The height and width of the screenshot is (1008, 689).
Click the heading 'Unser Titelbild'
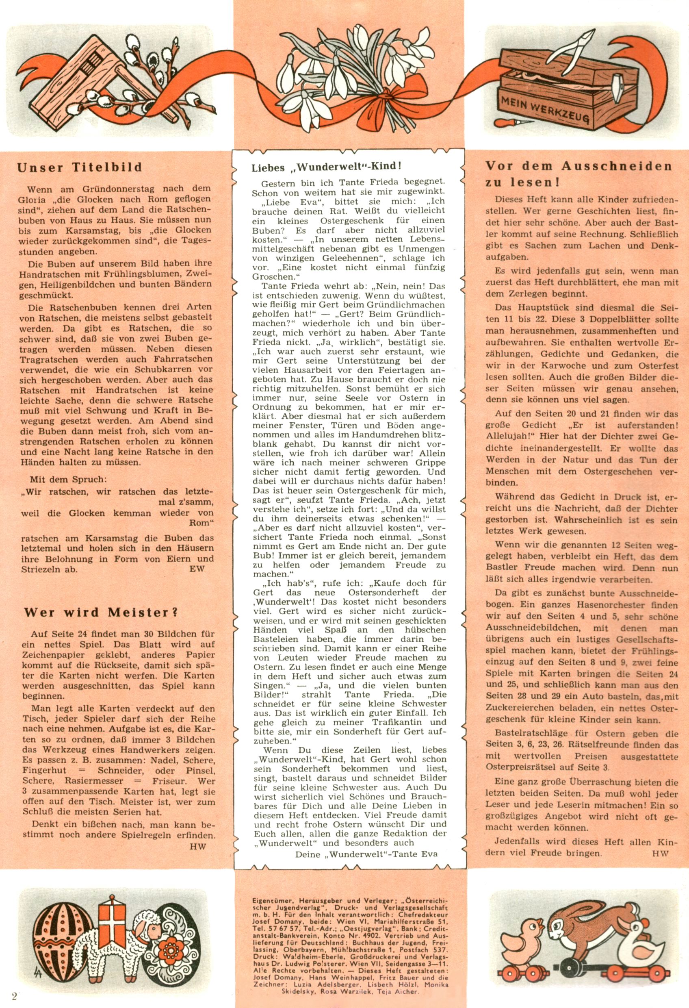click(x=79, y=168)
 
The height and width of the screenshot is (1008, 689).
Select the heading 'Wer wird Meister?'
click(x=101, y=613)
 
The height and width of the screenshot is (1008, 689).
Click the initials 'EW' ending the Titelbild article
click(x=197, y=569)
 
